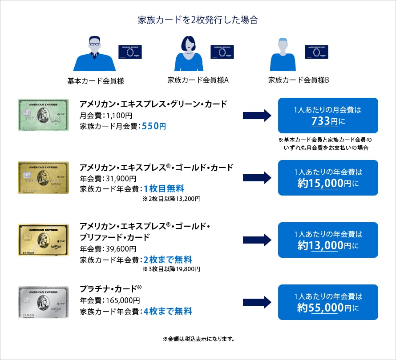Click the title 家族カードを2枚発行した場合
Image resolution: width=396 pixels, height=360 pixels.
198,20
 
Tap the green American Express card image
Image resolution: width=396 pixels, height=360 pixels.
43,115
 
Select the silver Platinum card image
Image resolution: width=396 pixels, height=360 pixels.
43,302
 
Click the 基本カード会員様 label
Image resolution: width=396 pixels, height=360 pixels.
95,81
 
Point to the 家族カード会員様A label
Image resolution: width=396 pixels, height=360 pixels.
198,80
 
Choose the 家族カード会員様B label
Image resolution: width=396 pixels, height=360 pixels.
299,80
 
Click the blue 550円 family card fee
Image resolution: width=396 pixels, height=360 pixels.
154,126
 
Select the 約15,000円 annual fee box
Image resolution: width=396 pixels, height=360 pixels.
328,178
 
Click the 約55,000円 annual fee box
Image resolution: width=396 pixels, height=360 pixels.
328,302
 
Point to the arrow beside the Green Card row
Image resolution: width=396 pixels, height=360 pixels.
257,116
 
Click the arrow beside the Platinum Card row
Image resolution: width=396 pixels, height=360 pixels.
257,303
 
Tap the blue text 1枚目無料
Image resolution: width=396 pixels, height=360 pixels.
164,188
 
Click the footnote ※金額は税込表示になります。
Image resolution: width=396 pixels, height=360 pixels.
198,339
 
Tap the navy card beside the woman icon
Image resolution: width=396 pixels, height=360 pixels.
222,52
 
